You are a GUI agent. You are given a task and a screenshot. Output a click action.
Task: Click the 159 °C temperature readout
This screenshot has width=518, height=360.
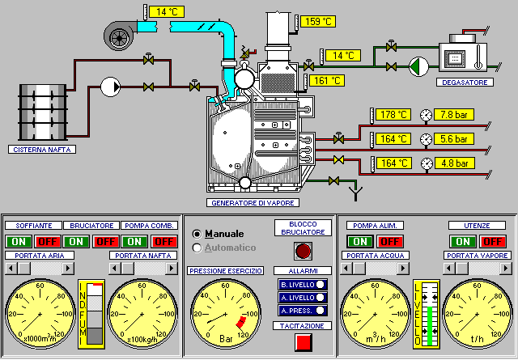click(x=316, y=22)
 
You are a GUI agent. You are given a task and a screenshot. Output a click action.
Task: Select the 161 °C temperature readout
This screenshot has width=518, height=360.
click(x=327, y=80)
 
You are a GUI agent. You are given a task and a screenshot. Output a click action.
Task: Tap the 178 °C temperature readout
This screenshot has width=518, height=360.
click(x=393, y=115)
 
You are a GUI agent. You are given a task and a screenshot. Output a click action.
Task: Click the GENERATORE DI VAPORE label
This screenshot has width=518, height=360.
click(x=252, y=202)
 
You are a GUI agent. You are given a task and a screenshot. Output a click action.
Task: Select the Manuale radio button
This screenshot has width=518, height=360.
click(x=197, y=234)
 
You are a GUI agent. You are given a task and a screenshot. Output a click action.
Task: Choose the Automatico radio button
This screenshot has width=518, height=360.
click(x=197, y=248)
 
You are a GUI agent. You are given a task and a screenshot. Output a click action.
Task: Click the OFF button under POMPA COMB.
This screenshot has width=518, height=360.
click(x=164, y=241)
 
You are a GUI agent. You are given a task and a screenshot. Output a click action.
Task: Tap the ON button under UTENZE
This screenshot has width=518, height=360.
click(x=463, y=241)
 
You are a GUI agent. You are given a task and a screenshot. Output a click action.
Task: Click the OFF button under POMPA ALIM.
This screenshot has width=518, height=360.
click(x=390, y=241)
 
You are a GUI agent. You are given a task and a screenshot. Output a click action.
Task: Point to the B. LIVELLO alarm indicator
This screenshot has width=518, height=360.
click(x=303, y=284)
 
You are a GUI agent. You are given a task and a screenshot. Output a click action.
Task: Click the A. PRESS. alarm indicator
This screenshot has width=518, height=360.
click(x=303, y=310)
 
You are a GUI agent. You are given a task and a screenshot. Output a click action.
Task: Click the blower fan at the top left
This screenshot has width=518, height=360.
click(x=121, y=33)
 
